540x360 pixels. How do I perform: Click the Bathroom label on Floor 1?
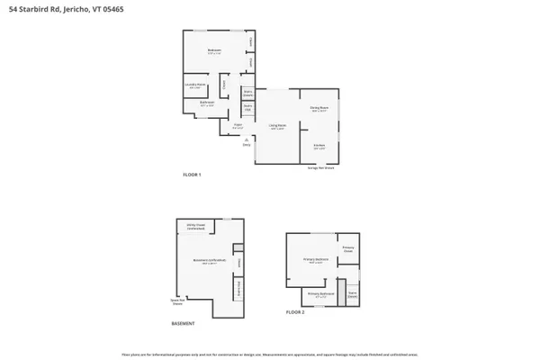[207, 105]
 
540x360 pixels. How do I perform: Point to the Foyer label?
[238, 126]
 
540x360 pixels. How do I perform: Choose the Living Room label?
[277, 126]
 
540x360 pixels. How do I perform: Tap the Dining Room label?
[319, 111]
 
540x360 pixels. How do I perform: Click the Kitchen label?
[319, 146]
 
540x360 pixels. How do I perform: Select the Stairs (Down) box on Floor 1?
[247, 93]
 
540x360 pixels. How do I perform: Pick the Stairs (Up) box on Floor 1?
[247, 110]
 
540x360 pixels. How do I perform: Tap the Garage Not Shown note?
[321, 167]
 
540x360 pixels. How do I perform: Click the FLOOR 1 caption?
[192, 174]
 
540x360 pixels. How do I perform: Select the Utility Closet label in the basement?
[195, 229]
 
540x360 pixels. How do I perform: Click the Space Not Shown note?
[183, 302]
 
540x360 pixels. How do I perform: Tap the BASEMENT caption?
[183, 323]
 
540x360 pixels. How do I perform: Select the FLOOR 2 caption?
[295, 311]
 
